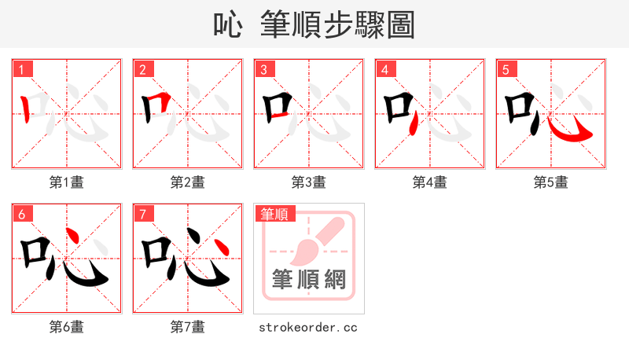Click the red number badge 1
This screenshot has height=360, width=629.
tap(21, 68)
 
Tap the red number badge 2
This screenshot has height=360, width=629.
tap(142, 68)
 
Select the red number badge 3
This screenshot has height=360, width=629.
tap(263, 68)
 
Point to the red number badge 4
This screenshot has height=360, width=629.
tap(384, 68)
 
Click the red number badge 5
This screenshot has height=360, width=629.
tap(506, 68)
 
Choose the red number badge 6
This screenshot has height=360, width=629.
tap(21, 213)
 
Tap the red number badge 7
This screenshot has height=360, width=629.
tap(142, 213)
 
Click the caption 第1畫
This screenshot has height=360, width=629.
tap(67, 182)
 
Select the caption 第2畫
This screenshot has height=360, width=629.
tap(188, 182)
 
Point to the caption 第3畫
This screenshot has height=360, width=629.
tap(309, 182)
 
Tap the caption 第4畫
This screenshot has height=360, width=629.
tap(430, 182)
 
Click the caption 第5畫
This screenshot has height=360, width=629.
tap(551, 182)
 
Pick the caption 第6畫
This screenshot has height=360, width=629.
tap(67, 327)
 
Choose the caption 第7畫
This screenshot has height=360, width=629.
tap(188, 327)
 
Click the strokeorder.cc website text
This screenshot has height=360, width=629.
tap(308, 327)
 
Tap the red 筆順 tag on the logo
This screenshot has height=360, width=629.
tap(274, 213)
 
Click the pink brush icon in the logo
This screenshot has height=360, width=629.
tap(314, 240)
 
